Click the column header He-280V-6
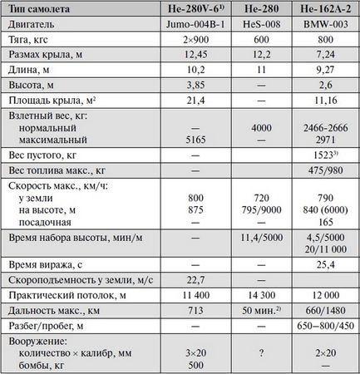(x=195, y=10)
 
